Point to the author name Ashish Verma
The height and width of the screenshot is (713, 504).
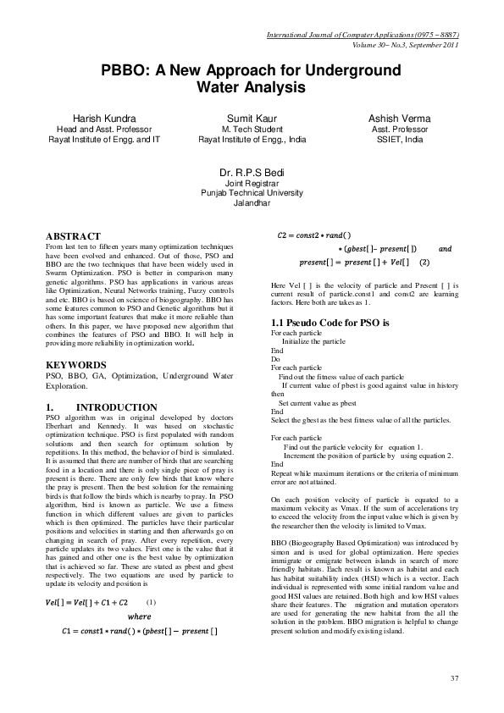pos(399,118)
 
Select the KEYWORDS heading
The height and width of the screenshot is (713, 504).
pos(75,364)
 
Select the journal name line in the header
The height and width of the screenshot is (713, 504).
pos(362,35)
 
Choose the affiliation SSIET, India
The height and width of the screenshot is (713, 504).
pos(399,139)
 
